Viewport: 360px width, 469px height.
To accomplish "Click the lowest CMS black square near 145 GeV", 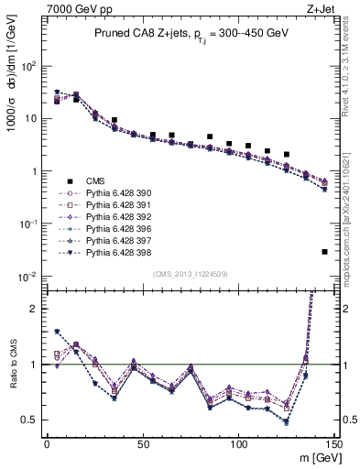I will [x=325, y=252].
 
